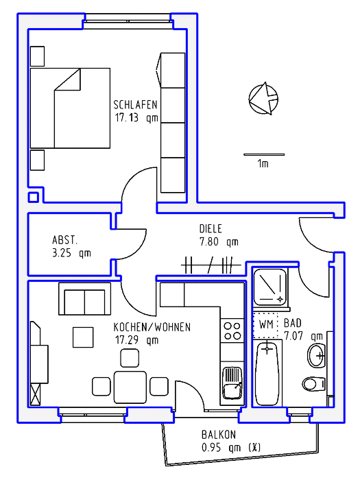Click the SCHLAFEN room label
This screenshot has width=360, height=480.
click(135, 105)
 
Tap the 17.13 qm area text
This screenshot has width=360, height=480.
click(136, 118)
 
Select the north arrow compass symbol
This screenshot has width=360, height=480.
click(263, 98)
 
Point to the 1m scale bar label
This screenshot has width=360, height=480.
click(263, 164)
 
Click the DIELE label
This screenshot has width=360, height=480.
click(211, 228)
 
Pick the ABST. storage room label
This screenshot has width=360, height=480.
click(64, 240)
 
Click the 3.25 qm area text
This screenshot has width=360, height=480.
click(71, 253)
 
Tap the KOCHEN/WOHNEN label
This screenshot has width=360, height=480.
click(152, 327)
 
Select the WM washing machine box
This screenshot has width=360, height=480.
click(265, 325)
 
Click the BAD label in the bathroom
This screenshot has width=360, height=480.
click(293, 323)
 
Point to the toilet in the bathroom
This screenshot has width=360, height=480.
click(314, 384)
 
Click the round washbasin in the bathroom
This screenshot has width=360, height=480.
click(317, 355)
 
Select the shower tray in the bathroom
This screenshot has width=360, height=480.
click(270, 287)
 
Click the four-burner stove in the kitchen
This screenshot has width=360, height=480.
click(232, 331)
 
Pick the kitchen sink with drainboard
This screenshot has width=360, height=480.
click(232, 383)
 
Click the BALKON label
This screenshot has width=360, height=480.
click(219, 435)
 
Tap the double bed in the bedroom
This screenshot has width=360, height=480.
click(70, 108)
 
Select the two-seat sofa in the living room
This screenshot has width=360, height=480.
click(84, 299)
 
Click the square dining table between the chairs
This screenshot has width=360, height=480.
click(130, 387)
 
